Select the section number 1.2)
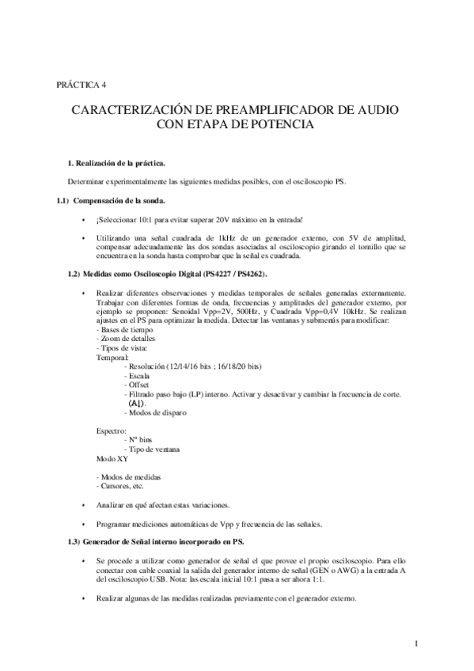click(x=74, y=273)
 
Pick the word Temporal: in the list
click(x=112, y=358)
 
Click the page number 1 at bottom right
click(x=415, y=643)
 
